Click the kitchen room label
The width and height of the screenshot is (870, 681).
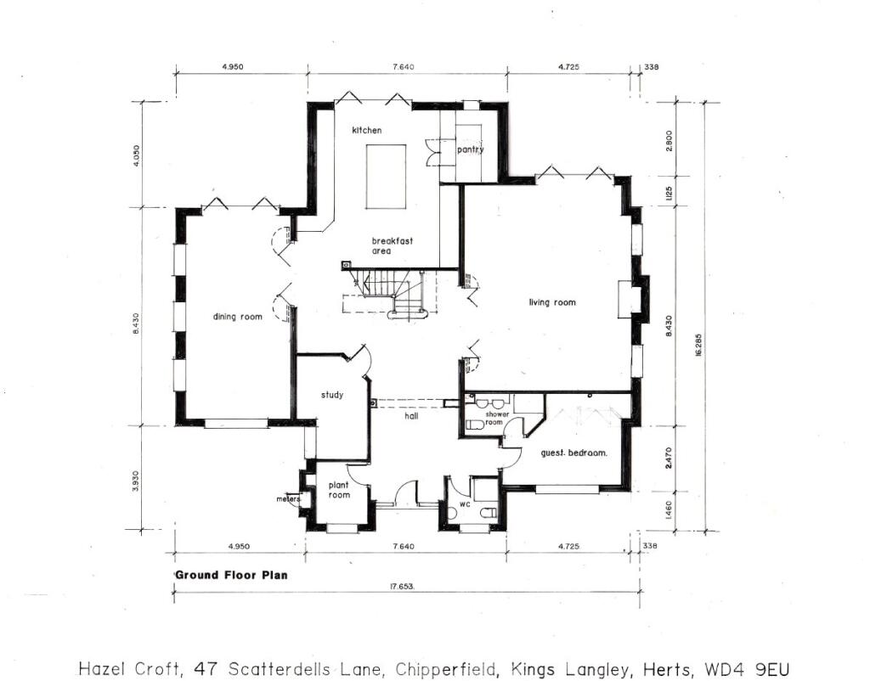tap(367, 130)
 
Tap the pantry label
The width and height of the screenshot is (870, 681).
tap(471, 149)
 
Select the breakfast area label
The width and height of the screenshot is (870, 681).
tap(393, 245)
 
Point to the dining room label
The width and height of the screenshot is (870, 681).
tap(238, 317)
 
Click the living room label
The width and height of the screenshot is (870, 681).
tap(552, 302)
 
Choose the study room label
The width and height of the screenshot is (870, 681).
tap(332, 395)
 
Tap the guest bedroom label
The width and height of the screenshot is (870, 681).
tap(573, 453)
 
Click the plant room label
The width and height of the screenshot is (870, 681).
tap(338, 490)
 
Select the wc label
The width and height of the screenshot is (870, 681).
tap(465, 504)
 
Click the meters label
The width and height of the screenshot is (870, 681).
tap(289, 499)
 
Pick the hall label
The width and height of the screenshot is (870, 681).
tap(411, 416)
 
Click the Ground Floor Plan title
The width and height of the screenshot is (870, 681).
tap(231, 575)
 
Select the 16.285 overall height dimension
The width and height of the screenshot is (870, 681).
tap(698, 345)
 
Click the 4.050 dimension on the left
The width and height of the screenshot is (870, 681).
tap(137, 155)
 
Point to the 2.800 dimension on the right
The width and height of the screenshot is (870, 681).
tap(669, 140)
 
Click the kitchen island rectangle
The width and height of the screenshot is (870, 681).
tap(385, 177)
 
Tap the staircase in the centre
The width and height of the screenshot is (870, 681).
tap(392, 295)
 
